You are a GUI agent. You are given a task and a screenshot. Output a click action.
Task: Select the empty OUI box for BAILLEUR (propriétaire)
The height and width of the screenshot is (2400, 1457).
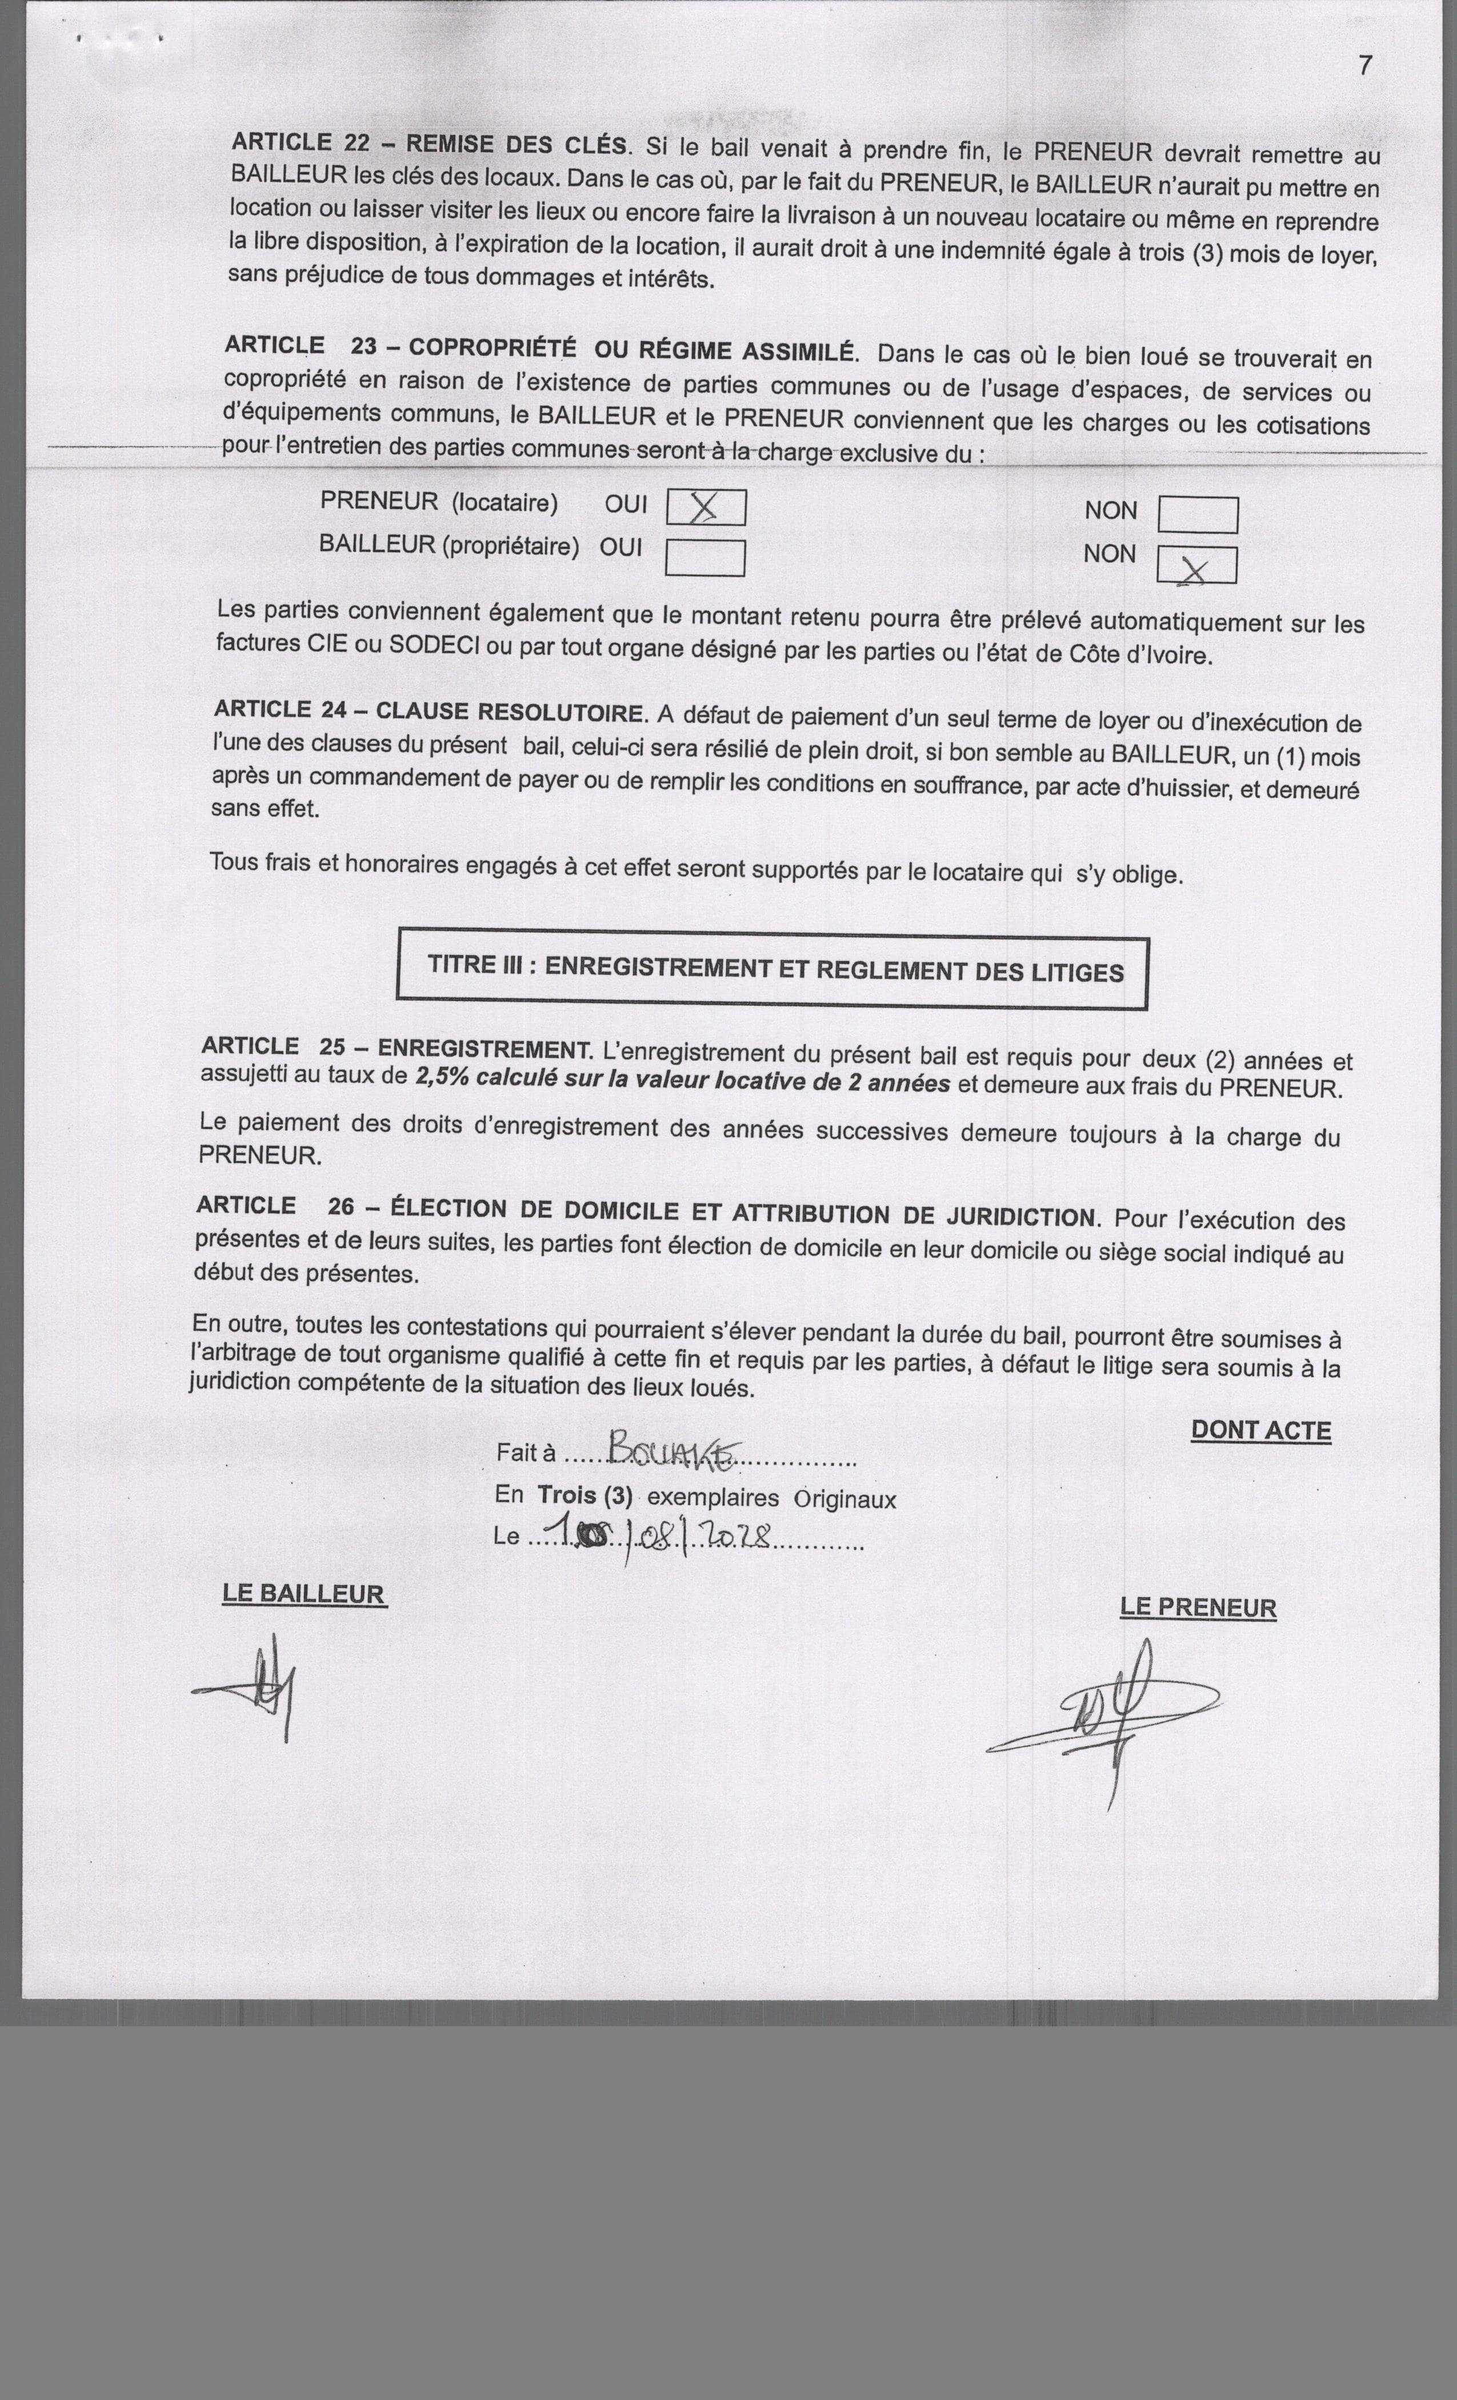click(705, 558)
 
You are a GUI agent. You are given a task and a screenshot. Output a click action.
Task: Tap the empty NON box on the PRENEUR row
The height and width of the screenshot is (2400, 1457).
click(1198, 515)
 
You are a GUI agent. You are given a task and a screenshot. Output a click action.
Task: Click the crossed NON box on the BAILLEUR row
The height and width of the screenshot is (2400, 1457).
click(1197, 566)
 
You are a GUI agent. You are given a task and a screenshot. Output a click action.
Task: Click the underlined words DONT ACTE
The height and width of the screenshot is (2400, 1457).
click(1260, 1431)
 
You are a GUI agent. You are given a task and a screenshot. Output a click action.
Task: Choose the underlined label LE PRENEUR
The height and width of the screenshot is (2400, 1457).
click(1198, 1608)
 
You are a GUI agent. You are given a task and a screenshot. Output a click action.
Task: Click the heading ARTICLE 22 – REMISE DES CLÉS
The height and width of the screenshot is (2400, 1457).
click(429, 143)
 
